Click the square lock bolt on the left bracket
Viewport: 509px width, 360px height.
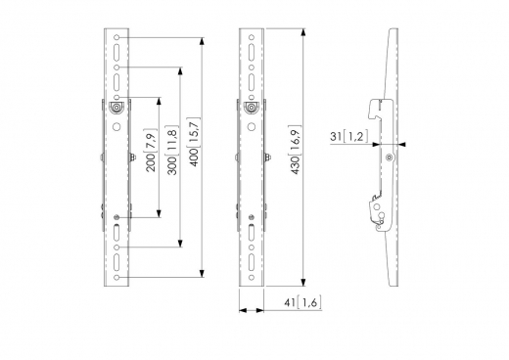117,110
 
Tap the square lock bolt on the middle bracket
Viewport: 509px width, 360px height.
253,110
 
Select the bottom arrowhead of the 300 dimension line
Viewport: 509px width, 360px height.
181,246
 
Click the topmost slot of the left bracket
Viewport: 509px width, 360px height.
117,45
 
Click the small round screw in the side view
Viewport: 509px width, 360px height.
391,156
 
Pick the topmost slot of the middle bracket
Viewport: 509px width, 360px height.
253,45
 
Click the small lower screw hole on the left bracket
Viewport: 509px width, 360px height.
117,217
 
